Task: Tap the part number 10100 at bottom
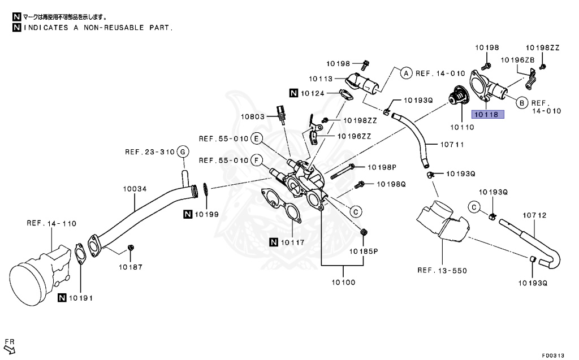343,281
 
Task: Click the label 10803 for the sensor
253,117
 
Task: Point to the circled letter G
182,151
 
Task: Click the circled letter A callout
405,73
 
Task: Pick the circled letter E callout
256,138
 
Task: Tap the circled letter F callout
256,161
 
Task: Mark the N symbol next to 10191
63,297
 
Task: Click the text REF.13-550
442,270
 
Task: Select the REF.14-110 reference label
51,223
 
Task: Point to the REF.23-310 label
149,151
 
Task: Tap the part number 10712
534,215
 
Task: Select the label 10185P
364,250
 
